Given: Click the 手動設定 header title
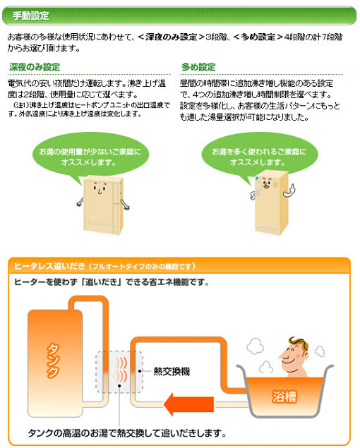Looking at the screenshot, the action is pyautogui.click(x=30, y=16).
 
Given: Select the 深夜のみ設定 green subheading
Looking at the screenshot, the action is pyautogui.click(x=35, y=67).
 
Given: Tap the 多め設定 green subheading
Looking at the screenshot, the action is pyautogui.click(x=198, y=67).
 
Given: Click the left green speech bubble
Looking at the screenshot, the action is pyautogui.click(x=90, y=157).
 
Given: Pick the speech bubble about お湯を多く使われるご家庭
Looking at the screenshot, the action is pyautogui.click(x=259, y=157).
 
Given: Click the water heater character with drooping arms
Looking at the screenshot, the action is pyautogui.click(x=103, y=205).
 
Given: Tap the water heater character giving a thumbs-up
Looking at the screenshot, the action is pyautogui.click(x=272, y=203).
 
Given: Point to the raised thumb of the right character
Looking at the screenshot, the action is pyautogui.click(x=292, y=188).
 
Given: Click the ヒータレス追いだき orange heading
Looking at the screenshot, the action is pyautogui.click(x=49, y=266).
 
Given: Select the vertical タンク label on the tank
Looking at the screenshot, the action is pyautogui.click(x=53, y=361).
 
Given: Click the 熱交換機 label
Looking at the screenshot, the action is pyautogui.click(x=172, y=371).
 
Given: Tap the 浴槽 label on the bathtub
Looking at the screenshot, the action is pyautogui.click(x=284, y=396).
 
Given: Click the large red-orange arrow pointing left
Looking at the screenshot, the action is pyautogui.click(x=188, y=404).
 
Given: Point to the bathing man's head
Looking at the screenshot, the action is pyautogui.click(x=294, y=355).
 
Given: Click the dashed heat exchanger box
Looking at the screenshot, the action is pyautogui.click(x=119, y=372).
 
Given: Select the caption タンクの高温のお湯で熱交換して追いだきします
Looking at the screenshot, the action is pyautogui.click(x=127, y=433).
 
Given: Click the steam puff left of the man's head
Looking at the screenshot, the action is pyautogui.click(x=256, y=346).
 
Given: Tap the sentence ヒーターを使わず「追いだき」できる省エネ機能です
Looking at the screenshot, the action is pyautogui.click(x=112, y=282).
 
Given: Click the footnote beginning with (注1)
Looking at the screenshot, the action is pyautogui.click(x=89, y=109).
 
